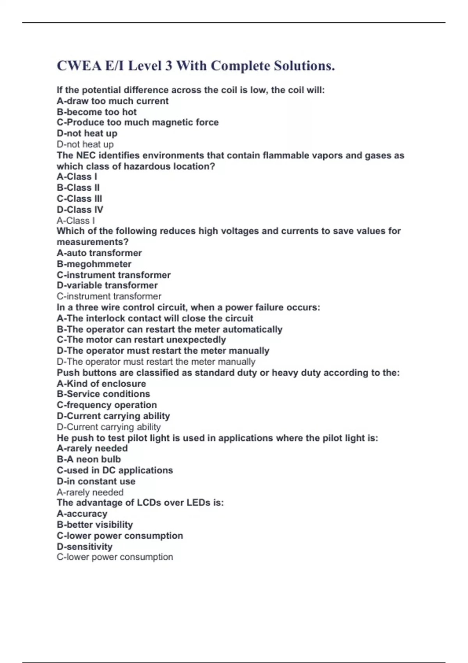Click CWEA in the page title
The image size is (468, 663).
tap(79, 66)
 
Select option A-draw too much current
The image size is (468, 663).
tap(112, 101)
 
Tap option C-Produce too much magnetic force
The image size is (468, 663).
tap(137, 122)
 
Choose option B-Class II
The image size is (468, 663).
tap(78, 188)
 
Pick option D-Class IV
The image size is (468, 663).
tap(80, 209)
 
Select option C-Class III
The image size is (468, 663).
tap(79, 199)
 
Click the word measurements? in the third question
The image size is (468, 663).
tap(92, 242)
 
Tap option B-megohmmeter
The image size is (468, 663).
tap(94, 264)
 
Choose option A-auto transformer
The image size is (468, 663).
tap(99, 253)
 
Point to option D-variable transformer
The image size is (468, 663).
tap(107, 285)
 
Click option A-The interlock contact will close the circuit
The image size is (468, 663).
tap(155, 318)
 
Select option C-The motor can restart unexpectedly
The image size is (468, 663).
tap(141, 340)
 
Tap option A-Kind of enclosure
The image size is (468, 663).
tap(101, 384)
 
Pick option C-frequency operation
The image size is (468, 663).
tap(107, 405)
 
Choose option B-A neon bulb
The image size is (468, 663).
tap(89, 459)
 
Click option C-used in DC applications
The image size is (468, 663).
tap(115, 470)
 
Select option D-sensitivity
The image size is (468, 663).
tap(85, 546)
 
